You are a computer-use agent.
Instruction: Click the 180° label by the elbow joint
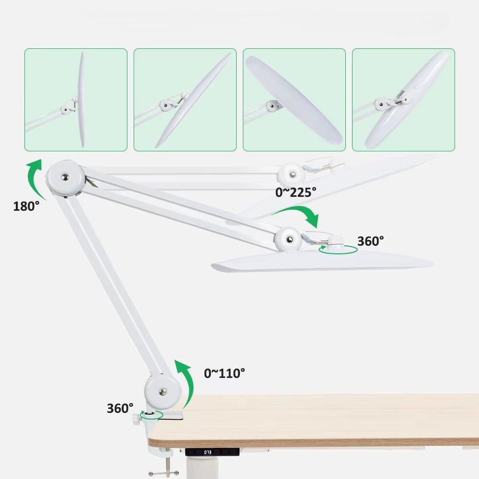[x=26, y=206]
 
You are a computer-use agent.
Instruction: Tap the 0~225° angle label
[x=296, y=192]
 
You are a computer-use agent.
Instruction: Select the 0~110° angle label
[x=224, y=373]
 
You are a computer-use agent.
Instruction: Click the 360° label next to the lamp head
[x=370, y=241]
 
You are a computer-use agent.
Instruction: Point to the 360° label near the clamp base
[x=120, y=408]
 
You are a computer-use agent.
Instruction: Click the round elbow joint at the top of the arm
[x=66, y=178]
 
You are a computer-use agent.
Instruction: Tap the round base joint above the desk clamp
[x=163, y=391]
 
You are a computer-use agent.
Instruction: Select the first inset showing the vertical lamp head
[x=76, y=100]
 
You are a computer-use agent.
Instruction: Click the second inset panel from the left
[x=185, y=100]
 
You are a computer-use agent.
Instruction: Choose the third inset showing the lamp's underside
[x=294, y=100]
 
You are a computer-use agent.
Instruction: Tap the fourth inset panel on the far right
[x=403, y=100]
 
